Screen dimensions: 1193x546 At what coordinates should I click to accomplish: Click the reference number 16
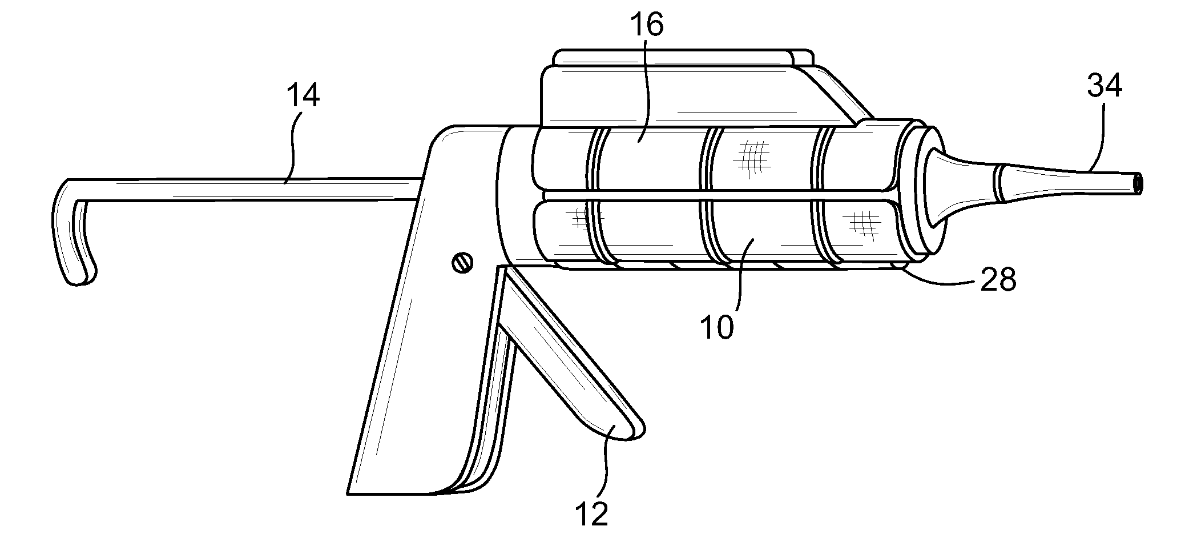point(647,26)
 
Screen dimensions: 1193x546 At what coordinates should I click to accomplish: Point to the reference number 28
point(998,280)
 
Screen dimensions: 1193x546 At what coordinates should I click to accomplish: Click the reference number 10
point(717,327)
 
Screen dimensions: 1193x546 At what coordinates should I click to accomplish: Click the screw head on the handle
point(462,263)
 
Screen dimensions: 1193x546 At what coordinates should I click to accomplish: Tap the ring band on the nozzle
point(999,184)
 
